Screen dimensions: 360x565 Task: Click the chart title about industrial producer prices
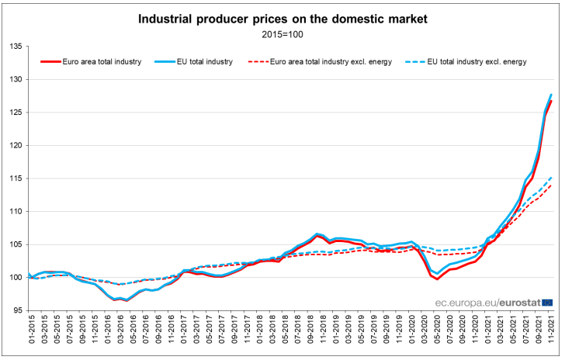click(282, 16)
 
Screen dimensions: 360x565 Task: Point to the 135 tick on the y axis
click(16, 47)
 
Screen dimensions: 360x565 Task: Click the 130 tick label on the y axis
click(16, 79)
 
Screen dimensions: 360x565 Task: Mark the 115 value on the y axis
click(16, 178)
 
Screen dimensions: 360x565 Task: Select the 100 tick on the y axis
click(16, 277)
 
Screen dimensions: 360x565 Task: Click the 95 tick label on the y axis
click(17, 310)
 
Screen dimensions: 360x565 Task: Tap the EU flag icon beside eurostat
click(547, 302)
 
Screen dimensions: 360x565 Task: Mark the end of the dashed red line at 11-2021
click(551, 185)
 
